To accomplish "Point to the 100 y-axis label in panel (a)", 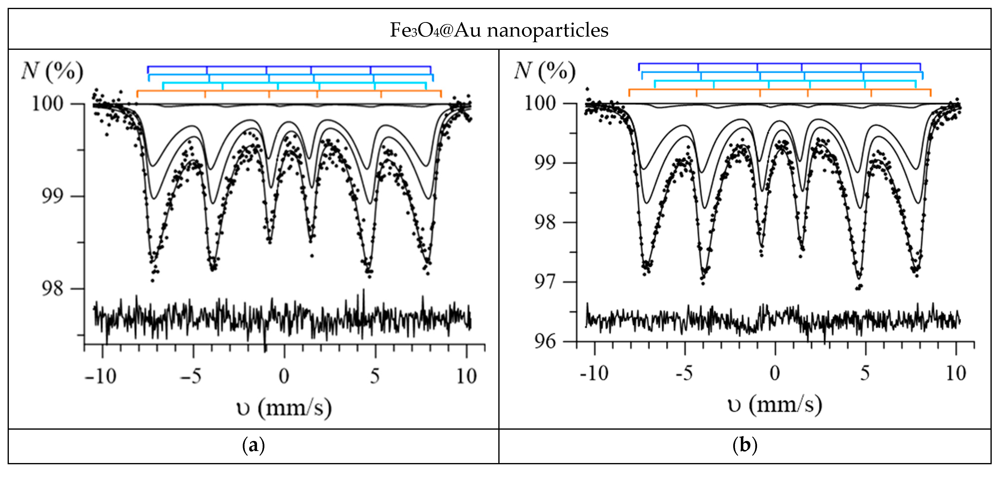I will [48, 104].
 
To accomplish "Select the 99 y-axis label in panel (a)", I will [52, 196].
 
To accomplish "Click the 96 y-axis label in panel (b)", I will [545, 342].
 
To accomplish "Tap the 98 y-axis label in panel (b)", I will [545, 223].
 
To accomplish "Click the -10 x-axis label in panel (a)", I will [100, 376].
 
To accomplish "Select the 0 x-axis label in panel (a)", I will [284, 376].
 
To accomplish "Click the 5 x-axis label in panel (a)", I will [374, 376].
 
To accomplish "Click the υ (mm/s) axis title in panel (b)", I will [775, 405].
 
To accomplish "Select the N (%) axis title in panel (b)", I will [545, 72].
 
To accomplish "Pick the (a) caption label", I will [253, 445].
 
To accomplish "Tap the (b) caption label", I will [745, 445].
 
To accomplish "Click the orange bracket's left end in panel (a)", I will [137, 93].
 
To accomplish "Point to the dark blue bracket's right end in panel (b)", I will [920, 67].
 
